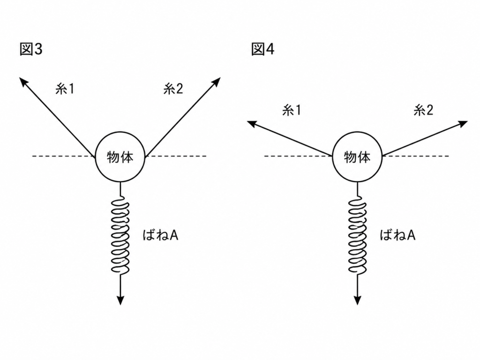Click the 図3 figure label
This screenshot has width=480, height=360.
31,49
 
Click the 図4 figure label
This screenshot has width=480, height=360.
262,49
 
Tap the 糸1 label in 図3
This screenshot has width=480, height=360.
65,89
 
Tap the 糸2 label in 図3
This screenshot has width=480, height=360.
173,89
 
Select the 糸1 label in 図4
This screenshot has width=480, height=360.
292,110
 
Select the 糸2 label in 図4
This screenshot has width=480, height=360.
424,110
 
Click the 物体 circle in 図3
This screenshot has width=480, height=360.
120,132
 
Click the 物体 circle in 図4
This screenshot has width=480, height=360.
357,132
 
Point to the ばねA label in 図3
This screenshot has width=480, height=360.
161,235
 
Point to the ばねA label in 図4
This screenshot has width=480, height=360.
397,235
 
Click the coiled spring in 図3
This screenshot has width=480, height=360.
120,236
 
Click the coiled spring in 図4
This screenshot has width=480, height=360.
357,236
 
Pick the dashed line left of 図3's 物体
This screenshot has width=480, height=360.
64,156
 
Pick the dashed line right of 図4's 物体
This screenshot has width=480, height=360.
416,156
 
